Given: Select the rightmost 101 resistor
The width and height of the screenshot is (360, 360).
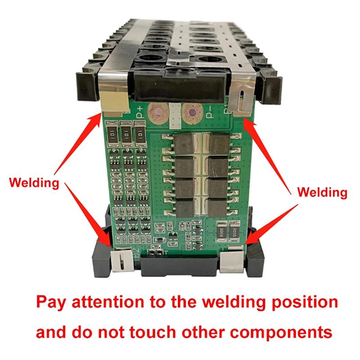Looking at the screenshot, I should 141,133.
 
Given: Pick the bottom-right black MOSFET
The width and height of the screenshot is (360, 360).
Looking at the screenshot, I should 218,207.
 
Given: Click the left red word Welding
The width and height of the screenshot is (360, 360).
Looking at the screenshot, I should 34,183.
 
